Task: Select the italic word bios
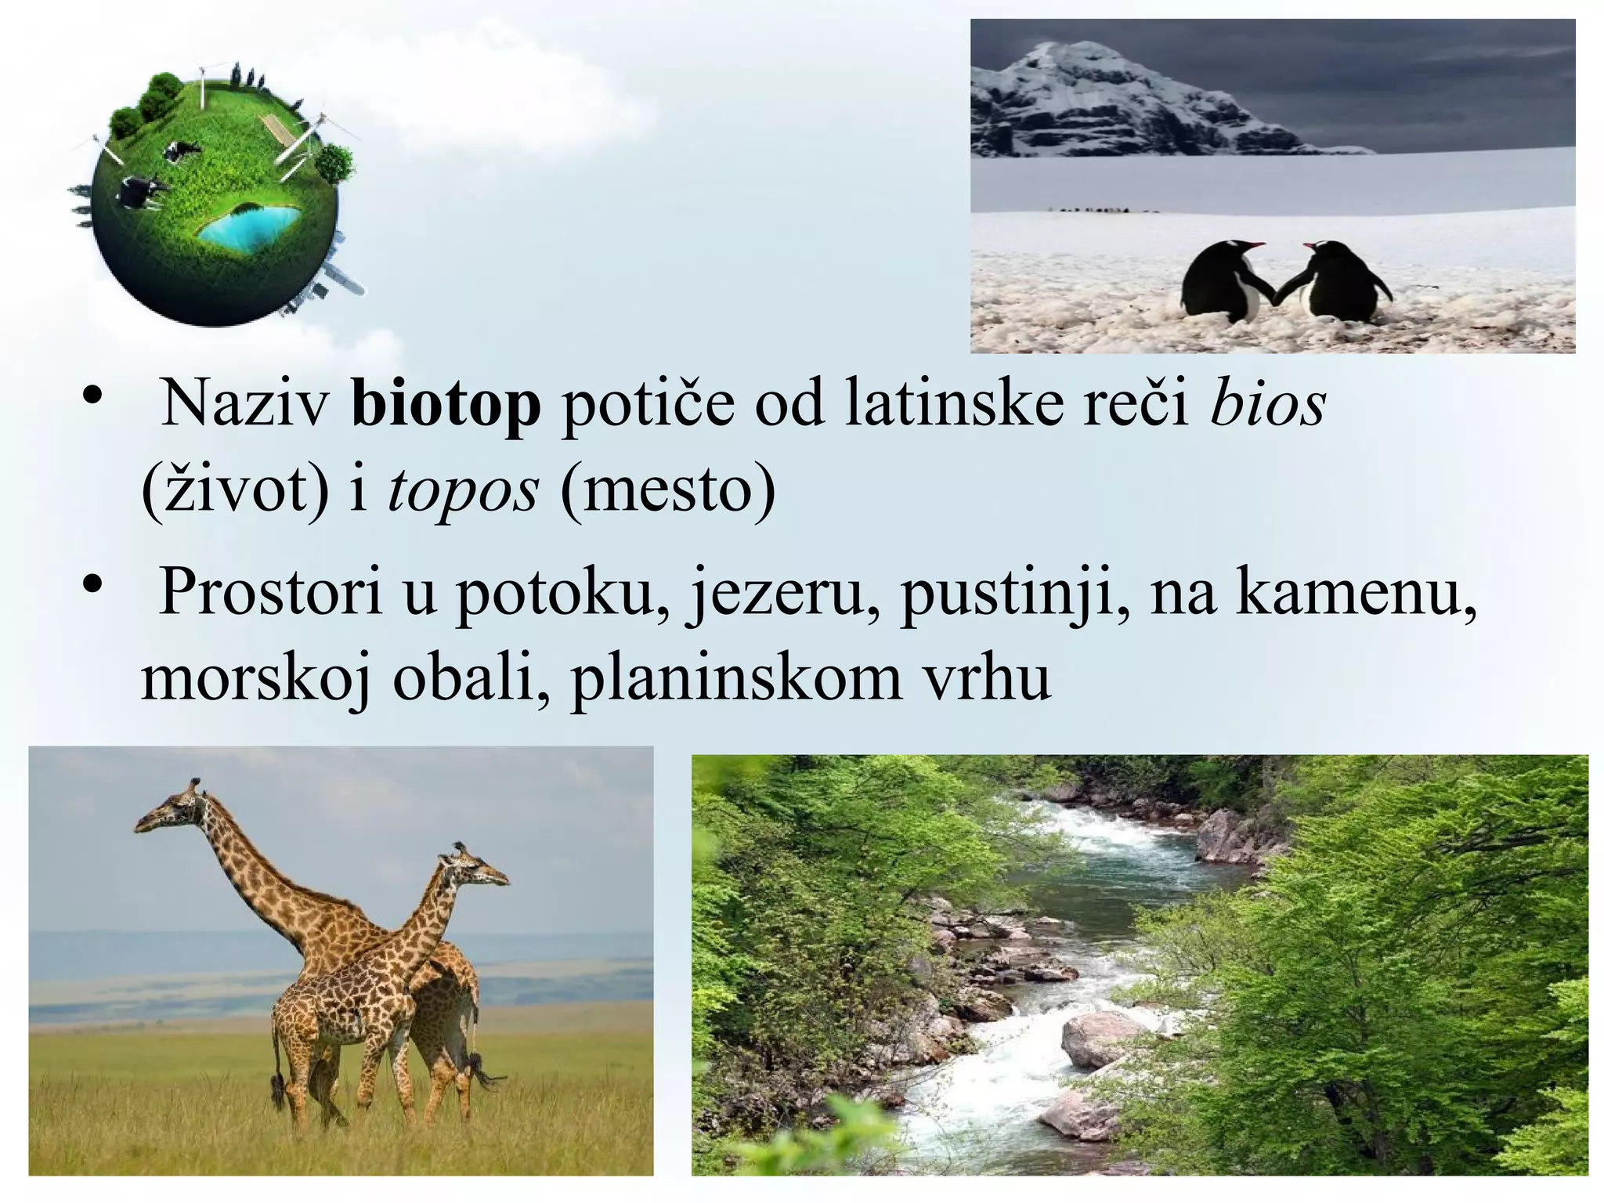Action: [x=1267, y=404]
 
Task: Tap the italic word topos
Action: [x=463, y=492]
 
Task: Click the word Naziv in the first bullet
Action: [x=245, y=404]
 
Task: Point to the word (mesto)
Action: [x=668, y=492]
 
